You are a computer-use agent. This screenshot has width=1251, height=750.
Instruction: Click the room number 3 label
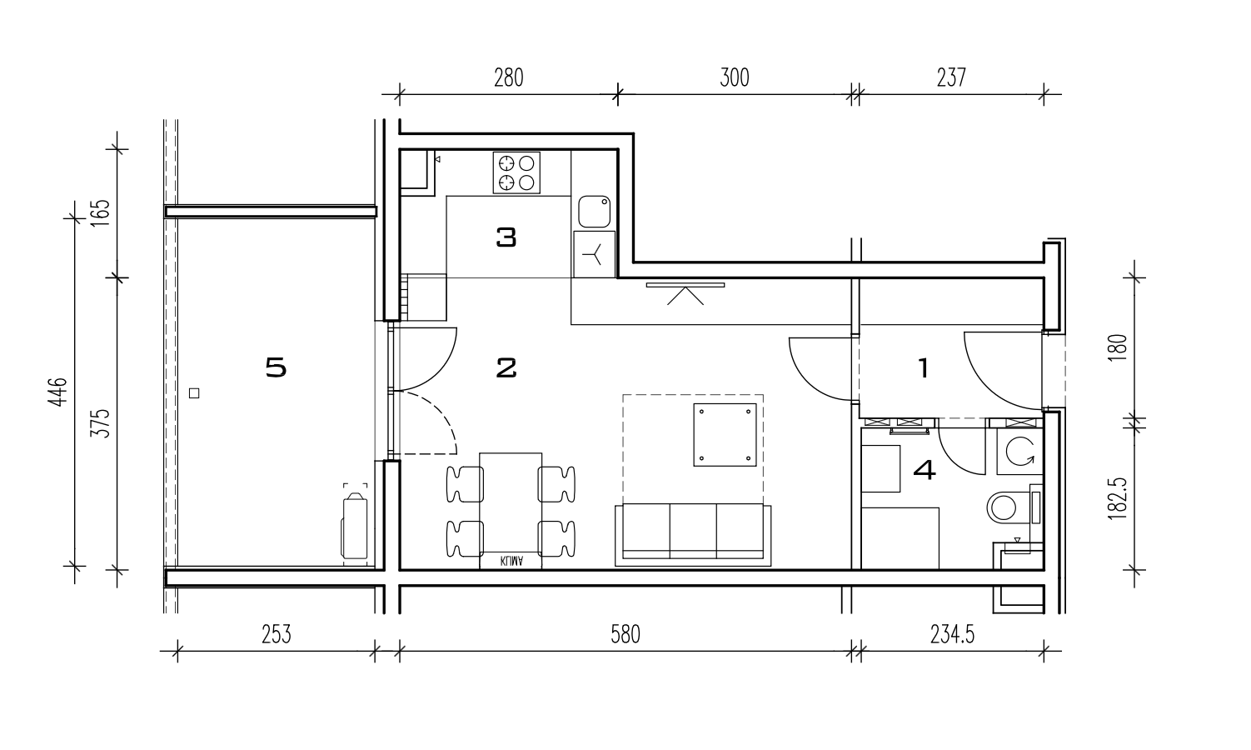(x=506, y=237)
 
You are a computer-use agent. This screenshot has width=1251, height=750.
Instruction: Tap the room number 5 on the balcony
(x=276, y=367)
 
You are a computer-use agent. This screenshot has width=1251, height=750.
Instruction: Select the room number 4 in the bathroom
(x=925, y=470)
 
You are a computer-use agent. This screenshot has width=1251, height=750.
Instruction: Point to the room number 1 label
(x=924, y=368)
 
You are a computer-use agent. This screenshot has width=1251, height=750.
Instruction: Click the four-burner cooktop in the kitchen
(x=516, y=172)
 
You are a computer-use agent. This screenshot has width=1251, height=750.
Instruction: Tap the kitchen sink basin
(x=594, y=212)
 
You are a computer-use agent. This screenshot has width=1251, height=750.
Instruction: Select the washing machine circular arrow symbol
(x=1019, y=451)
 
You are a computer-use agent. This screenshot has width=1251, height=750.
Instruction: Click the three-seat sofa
(x=693, y=535)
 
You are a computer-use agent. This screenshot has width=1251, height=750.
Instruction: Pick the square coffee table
(x=725, y=435)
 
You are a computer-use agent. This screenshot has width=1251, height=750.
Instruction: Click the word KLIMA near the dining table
(x=511, y=561)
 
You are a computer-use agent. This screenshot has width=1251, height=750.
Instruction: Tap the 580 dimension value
(x=625, y=634)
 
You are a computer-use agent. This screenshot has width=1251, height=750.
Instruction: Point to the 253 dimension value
(x=277, y=634)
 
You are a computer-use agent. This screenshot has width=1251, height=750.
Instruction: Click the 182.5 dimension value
(x=1118, y=499)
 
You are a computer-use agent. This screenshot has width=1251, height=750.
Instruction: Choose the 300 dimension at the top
(x=735, y=77)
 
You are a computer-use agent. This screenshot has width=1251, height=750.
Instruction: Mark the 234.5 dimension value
(x=952, y=634)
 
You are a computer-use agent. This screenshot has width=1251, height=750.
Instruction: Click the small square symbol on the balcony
(x=194, y=393)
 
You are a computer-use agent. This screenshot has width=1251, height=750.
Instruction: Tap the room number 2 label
(x=506, y=368)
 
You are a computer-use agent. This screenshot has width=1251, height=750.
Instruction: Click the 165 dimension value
(x=101, y=213)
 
